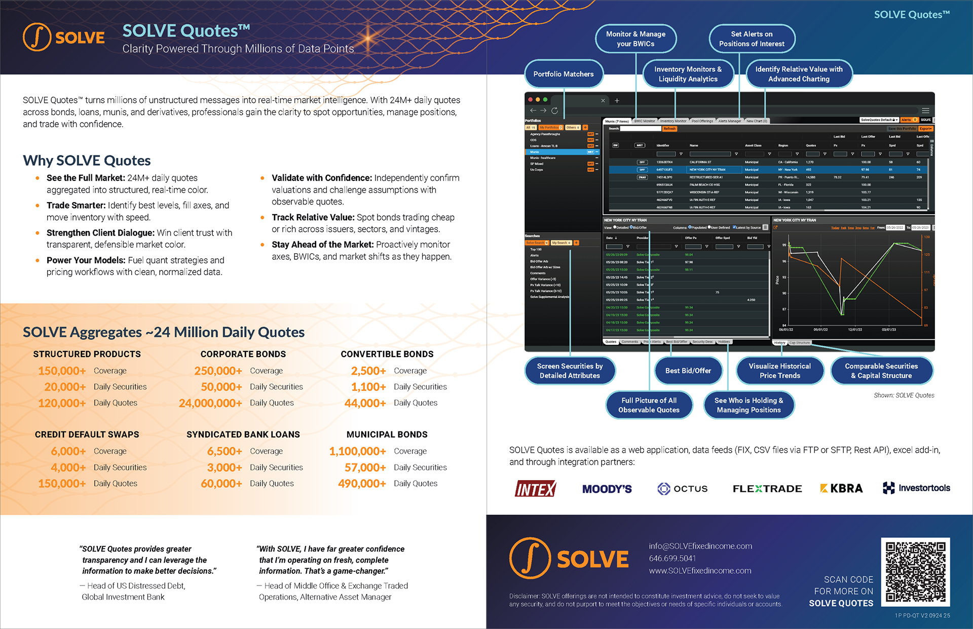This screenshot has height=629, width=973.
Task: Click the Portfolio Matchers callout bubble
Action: coord(563,74)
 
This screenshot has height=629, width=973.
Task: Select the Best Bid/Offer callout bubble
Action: coord(688,371)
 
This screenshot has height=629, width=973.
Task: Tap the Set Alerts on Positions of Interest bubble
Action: coord(752,39)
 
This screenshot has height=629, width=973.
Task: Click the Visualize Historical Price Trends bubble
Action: coord(779,371)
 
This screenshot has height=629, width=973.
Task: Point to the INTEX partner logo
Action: coord(535,489)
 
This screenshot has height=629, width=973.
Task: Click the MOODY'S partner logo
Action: coord(607,489)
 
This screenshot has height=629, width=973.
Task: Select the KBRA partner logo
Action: coord(841,488)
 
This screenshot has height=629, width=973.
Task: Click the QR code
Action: coord(915,572)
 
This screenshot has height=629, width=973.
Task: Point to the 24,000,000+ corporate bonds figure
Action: coord(210,403)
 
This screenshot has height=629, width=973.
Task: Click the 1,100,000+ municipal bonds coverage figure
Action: coord(357,451)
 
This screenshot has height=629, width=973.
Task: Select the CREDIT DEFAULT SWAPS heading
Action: coord(87,435)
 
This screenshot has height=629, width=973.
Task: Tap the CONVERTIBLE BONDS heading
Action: coord(387,354)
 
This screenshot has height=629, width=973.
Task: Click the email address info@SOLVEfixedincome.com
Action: coord(700,546)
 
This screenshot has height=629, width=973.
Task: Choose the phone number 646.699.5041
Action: coord(672,558)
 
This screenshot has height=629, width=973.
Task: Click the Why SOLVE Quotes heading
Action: coord(87,161)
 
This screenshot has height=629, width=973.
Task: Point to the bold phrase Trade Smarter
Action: coord(76,205)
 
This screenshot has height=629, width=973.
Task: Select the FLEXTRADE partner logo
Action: coord(767,489)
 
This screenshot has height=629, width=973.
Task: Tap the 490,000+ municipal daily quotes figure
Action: coord(362,484)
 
